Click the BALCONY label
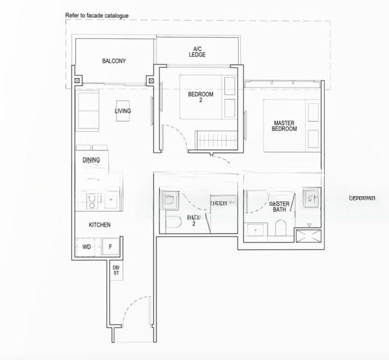[113, 61]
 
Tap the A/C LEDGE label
[197, 52]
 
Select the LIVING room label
[123, 111]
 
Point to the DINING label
[91, 160]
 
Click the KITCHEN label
[100, 225]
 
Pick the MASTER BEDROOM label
[284, 126]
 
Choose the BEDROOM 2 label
[201, 97]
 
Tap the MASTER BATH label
[280, 206]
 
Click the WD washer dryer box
[86, 247]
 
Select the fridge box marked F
[110, 247]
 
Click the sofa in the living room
[88, 111]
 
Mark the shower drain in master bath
[310, 226]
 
